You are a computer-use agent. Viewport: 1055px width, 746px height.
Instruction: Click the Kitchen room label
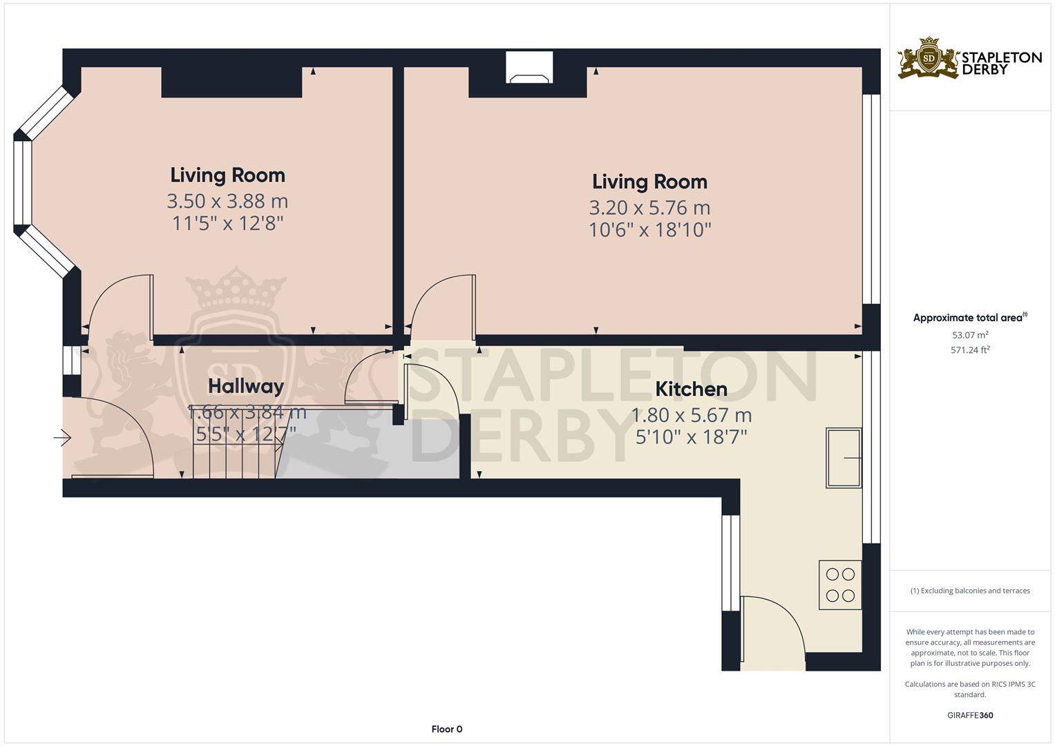tap(691, 389)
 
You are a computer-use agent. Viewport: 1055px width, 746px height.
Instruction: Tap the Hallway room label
tap(246, 386)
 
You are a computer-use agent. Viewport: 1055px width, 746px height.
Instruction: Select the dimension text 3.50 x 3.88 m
tap(227, 201)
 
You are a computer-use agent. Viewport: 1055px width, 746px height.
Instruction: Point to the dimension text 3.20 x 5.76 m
tap(649, 207)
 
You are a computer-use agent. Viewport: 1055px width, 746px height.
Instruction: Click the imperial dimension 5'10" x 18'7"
tap(691, 437)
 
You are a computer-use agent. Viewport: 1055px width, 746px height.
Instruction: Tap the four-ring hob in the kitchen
tap(840, 584)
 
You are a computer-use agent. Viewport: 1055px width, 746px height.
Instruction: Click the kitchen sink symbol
tap(844, 458)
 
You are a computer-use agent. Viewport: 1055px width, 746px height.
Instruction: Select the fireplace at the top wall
tap(530, 68)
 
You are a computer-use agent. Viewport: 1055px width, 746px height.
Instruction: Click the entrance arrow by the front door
tap(63, 437)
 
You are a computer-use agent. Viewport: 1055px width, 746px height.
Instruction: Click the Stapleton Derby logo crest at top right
tap(929, 58)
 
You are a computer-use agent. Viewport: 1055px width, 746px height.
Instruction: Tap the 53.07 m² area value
tap(970, 335)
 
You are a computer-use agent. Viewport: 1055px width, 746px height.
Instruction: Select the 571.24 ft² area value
tap(970, 350)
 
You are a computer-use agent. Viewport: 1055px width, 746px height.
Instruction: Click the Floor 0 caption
tap(446, 729)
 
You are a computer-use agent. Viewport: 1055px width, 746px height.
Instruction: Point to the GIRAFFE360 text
tap(970, 715)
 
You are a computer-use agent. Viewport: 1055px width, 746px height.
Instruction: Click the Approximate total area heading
tap(969, 318)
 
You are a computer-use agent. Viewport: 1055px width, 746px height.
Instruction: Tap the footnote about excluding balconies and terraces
tap(970, 591)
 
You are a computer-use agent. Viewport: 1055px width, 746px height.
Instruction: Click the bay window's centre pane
tap(23, 183)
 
